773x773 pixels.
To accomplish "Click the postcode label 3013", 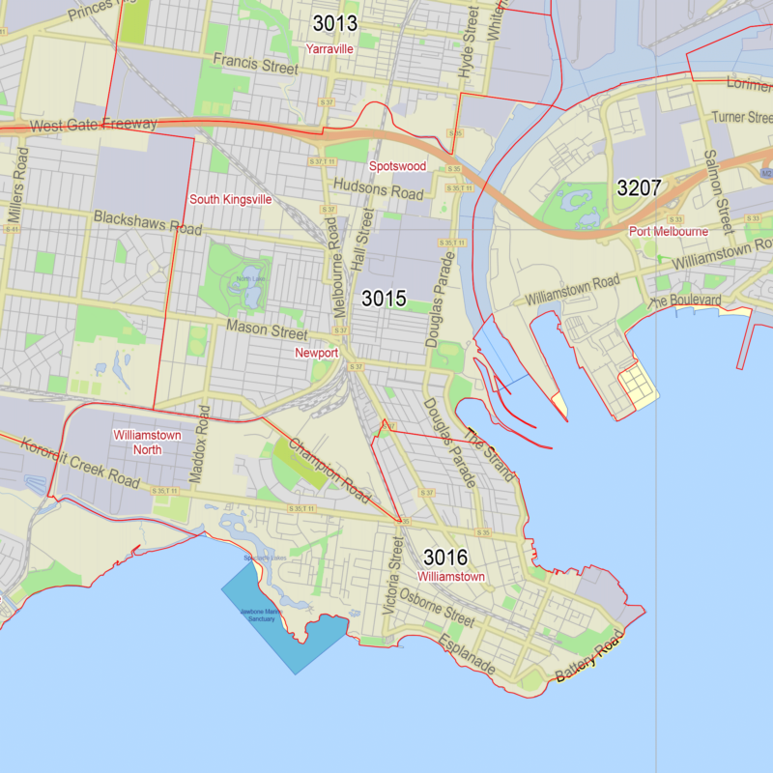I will pos(334,24).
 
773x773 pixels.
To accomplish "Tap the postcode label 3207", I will pos(640,187).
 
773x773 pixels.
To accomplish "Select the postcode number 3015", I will pos(384,299).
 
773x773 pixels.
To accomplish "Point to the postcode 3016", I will pos(445,558).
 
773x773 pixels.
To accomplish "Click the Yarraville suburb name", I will pos(329,48).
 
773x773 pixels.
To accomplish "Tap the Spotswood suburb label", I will pos(397,166).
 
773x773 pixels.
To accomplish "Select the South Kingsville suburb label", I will pos(230,199).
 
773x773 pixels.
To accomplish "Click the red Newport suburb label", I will pos(316,354).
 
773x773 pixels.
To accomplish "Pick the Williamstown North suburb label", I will pos(147,442).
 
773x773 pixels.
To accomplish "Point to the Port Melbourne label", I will pos(669,232).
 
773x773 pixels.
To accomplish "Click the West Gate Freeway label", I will pos(93,126).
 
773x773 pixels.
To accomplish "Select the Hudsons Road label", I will pos(378,188).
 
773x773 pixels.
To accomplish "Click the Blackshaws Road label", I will pos(147,222).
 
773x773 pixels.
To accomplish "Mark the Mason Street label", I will pos(267,329).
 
